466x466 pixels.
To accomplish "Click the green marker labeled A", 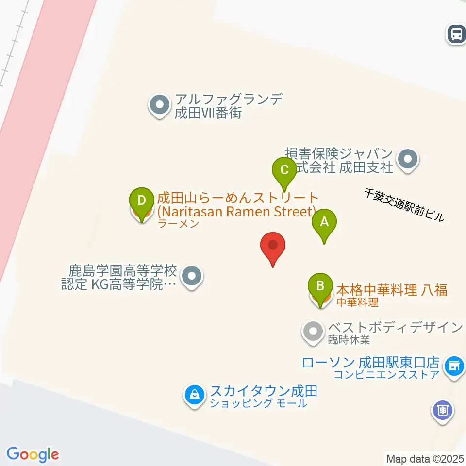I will point(325,223).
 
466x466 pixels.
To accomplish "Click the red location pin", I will point(273,245).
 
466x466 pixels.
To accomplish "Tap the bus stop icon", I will point(456,34).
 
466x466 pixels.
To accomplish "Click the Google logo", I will point(33,454).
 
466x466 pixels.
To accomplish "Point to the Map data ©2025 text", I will point(425,458).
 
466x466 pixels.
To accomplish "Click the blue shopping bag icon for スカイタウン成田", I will point(194,395).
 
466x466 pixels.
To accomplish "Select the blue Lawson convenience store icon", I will point(455,365).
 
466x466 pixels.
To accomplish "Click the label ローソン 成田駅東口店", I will point(370,363).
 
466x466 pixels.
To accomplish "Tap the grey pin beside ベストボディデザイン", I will point(312,332).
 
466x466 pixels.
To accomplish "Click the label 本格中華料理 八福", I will point(391,290).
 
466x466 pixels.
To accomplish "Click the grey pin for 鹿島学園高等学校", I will point(192,277).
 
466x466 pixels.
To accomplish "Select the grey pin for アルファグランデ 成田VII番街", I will point(159,105).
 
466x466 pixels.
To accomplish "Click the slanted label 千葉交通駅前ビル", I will point(404,204).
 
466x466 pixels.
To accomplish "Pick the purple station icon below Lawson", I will point(442,411).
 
